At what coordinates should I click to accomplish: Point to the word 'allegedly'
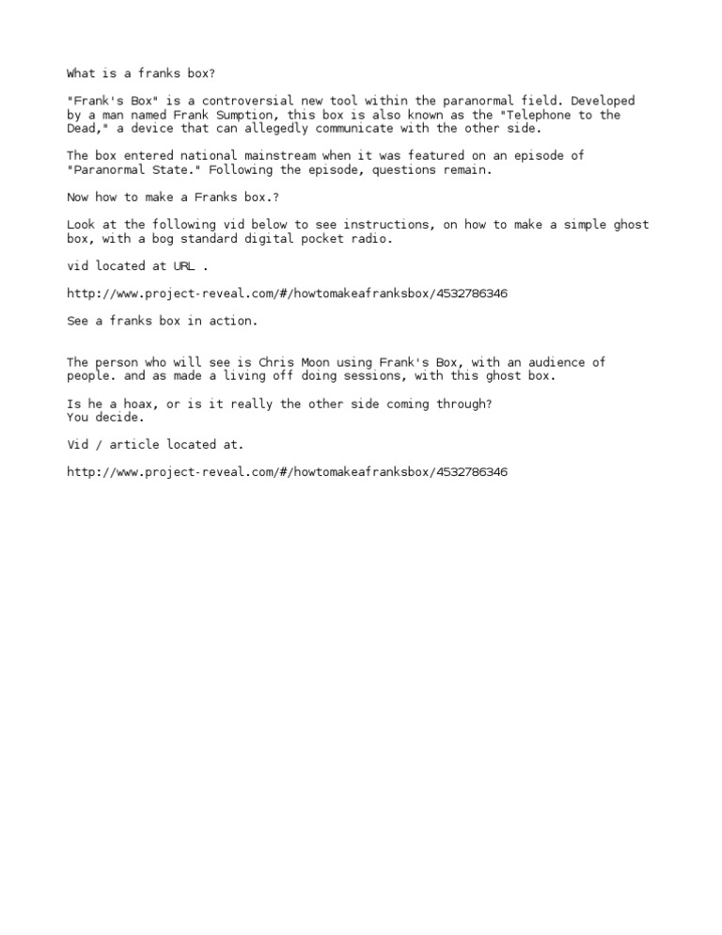(x=279, y=129)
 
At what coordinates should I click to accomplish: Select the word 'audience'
(x=560, y=362)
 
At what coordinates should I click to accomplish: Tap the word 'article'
(x=134, y=444)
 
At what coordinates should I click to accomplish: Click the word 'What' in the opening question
(x=81, y=73)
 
